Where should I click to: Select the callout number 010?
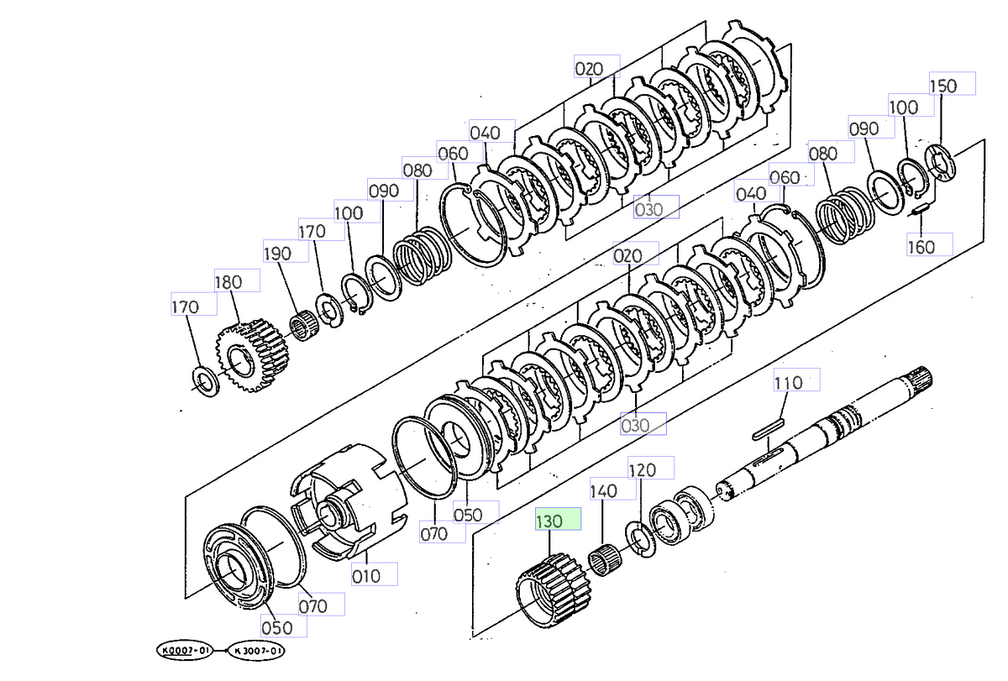click(367, 576)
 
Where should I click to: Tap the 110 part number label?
click(788, 382)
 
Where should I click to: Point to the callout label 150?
click(943, 85)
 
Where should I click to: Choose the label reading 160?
click(921, 246)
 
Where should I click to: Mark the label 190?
click(277, 253)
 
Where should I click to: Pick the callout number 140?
click(603, 490)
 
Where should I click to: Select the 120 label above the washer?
click(643, 469)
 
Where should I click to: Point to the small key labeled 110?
click(769, 431)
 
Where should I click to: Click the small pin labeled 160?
click(920, 208)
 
